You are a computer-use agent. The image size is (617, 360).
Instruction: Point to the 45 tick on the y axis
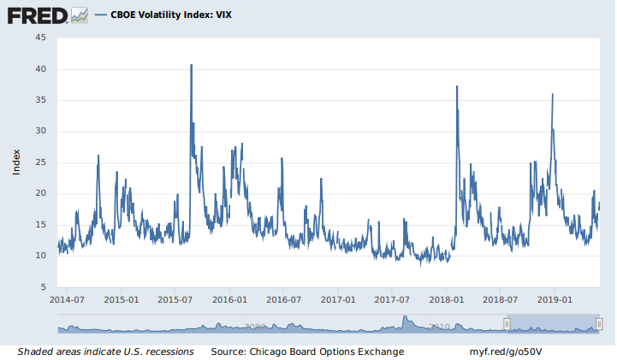tap(40, 38)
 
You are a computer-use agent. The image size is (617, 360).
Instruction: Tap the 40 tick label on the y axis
tap(40, 69)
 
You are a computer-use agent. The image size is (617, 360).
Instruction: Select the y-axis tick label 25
tap(40, 162)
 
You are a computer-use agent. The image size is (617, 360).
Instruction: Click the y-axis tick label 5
tap(44, 286)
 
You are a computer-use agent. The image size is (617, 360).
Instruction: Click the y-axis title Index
tap(16, 162)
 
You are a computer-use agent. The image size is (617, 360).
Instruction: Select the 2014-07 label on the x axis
tap(67, 300)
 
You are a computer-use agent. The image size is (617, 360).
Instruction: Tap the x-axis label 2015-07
tap(175, 300)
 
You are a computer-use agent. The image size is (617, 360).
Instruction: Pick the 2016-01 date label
tap(229, 300)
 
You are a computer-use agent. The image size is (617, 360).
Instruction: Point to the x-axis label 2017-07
tap(391, 300)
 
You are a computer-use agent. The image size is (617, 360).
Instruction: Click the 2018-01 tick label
tap(446, 300)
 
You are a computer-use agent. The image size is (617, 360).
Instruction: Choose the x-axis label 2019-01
tap(554, 300)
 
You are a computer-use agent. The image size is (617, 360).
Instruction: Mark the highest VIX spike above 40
tap(191, 66)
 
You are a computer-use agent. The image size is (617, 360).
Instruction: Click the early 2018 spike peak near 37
tap(457, 87)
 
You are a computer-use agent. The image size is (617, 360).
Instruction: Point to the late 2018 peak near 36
tap(553, 95)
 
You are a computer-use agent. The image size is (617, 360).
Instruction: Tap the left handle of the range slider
tap(507, 324)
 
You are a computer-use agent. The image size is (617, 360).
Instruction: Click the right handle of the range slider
tap(599, 324)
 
